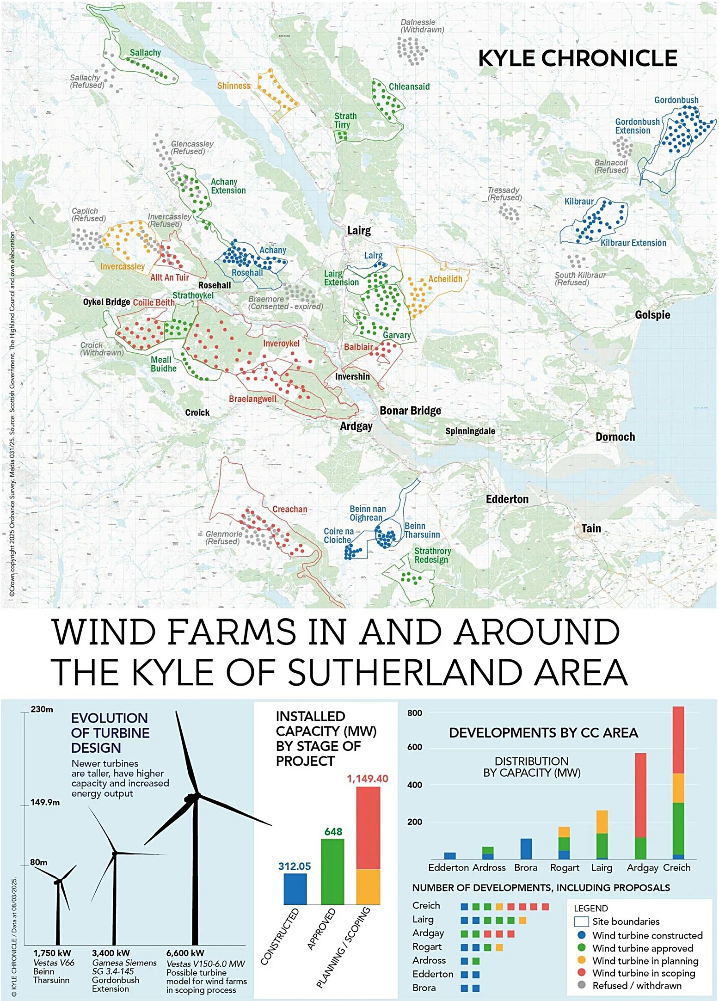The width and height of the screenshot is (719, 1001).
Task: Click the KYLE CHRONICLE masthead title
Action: [577, 59]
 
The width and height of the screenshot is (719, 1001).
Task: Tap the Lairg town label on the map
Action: [359, 230]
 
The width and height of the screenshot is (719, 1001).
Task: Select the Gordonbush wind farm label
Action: [676, 100]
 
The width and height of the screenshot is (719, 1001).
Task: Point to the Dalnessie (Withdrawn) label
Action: [422, 26]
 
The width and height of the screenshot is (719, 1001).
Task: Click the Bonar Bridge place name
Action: [410, 411]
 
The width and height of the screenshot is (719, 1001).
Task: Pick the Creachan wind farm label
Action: [289, 509]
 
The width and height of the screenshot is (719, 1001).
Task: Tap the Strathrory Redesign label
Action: [432, 555]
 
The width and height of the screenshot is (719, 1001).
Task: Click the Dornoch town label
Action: [615, 437]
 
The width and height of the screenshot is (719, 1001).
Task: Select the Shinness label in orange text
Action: [234, 86]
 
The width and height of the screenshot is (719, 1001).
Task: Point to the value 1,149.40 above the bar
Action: [368, 779]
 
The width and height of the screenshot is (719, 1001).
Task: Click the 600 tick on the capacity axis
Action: [414, 747]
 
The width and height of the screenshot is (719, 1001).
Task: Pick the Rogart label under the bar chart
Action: [564, 868]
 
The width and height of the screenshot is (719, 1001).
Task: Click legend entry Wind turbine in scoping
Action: [643, 973]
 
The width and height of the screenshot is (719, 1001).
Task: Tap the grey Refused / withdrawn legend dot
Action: [582, 985]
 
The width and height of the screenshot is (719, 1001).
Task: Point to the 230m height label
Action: [42, 709]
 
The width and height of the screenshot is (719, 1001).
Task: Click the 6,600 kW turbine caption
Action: [185, 953]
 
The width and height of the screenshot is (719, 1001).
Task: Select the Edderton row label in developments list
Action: [432, 974]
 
